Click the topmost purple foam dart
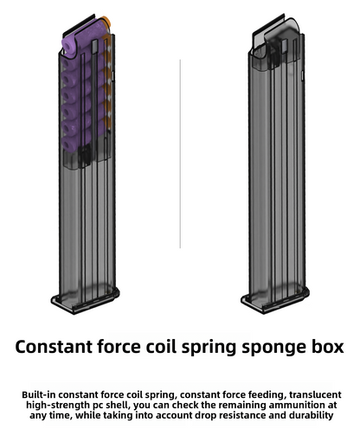point(84,37)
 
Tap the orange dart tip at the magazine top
point(106,22)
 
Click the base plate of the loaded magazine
point(86,300)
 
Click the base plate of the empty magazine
point(275,300)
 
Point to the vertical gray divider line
point(180,154)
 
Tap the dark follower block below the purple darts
point(85,156)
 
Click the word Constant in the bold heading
point(54,347)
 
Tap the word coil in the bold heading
point(161,346)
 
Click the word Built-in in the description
point(39,394)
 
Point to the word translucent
point(315,394)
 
